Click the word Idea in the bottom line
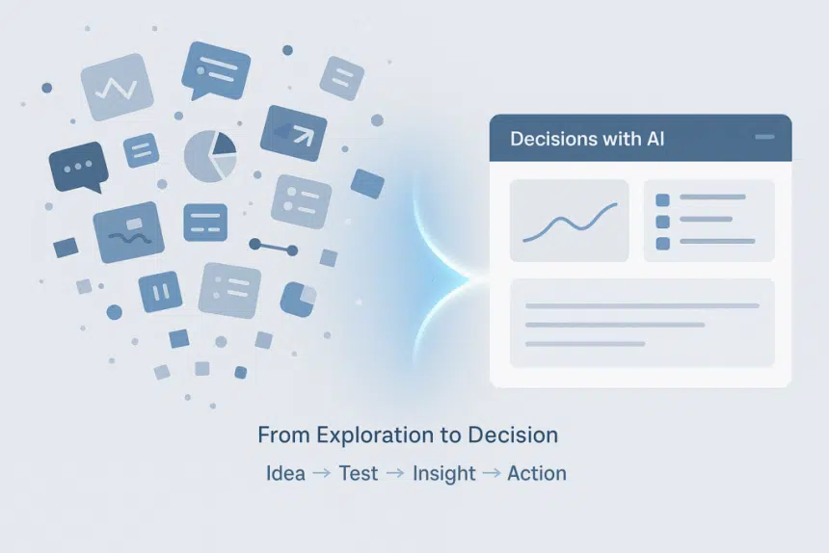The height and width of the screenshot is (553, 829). (x=285, y=473)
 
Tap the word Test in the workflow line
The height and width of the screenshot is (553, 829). (x=358, y=473)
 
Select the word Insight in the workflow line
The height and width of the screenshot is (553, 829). (x=443, y=473)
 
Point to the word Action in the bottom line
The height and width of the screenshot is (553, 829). (x=537, y=473)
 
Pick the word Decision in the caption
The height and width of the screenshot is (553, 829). (x=513, y=434)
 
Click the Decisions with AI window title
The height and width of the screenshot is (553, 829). (x=587, y=140)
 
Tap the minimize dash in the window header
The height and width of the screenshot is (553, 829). (x=765, y=138)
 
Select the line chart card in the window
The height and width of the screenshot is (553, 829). (x=569, y=221)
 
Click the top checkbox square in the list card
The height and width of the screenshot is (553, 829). (x=662, y=199)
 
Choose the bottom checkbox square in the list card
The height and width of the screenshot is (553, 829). (x=662, y=244)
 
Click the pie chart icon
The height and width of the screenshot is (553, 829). (x=211, y=155)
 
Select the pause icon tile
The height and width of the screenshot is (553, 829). (x=160, y=291)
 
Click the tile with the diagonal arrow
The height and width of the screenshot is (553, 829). (x=293, y=133)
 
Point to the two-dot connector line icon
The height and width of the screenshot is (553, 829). (x=274, y=247)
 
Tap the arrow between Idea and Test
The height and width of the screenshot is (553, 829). (x=322, y=474)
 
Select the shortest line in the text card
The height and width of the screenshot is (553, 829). (x=585, y=343)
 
